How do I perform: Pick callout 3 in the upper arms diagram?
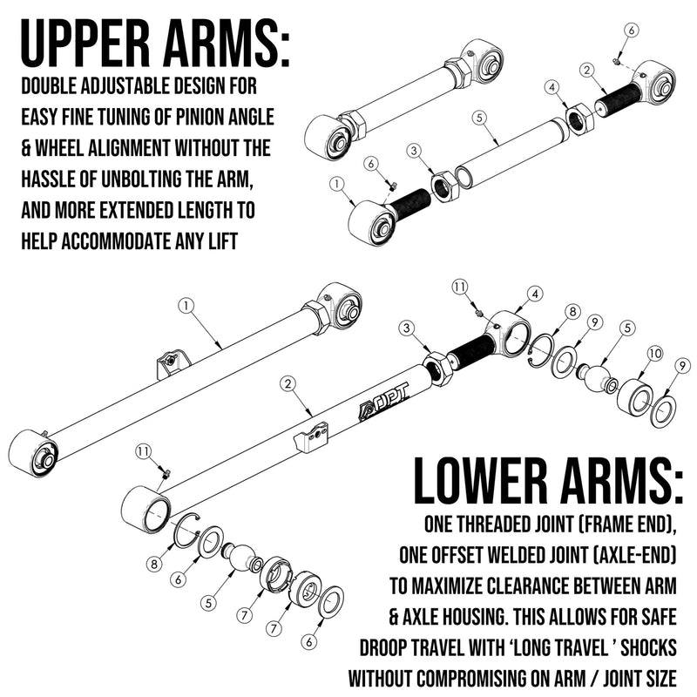[x=415, y=152]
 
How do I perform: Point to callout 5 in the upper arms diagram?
[x=478, y=115]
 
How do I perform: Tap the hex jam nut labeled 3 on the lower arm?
[x=437, y=369]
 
